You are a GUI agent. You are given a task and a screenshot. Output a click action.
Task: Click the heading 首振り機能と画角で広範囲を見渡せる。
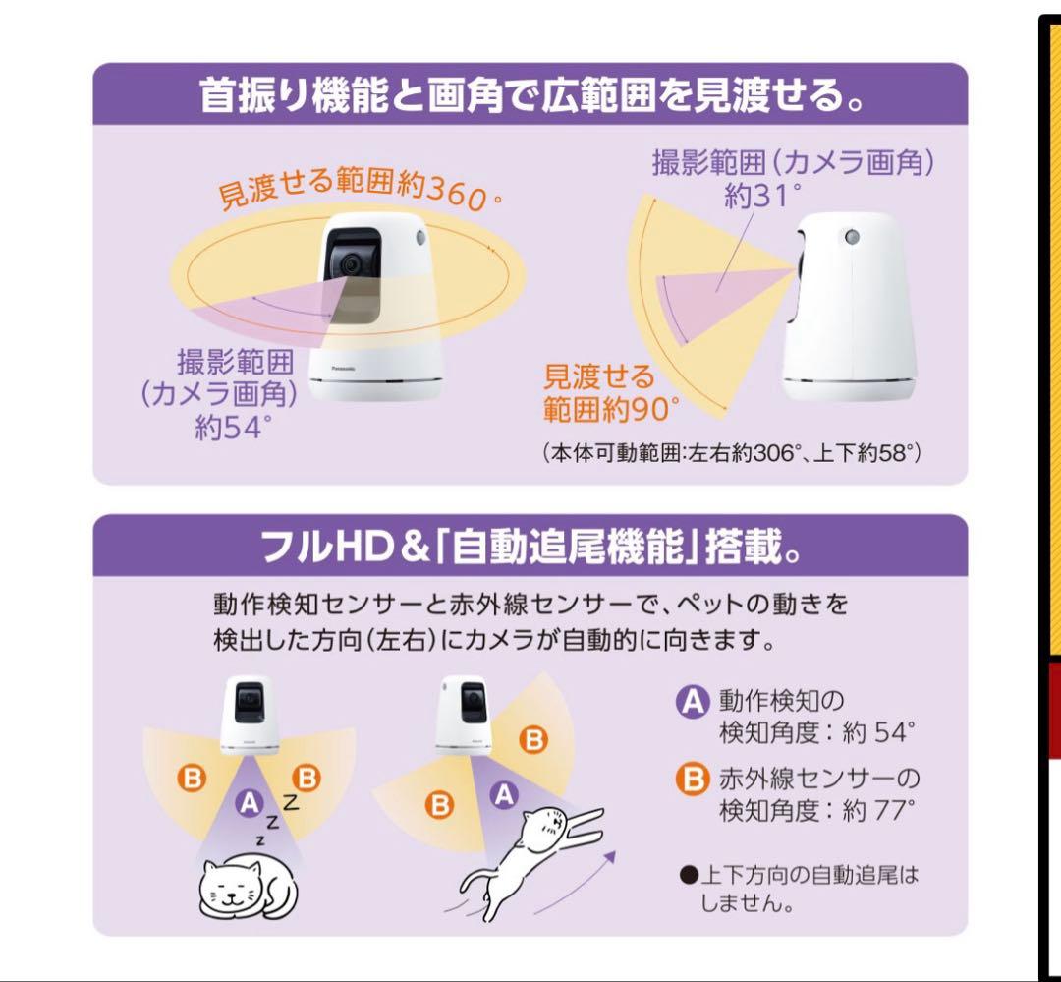531,94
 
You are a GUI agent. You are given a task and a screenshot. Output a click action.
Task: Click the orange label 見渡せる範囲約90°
610,393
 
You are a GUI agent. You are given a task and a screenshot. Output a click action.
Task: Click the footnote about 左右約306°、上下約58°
731,452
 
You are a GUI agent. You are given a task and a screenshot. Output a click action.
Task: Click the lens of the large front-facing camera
350,263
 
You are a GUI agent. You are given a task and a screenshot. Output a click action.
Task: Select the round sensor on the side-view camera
851,236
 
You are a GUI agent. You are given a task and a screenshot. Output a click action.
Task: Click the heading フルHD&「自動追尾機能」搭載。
531,547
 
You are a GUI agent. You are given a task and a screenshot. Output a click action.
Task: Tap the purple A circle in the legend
693,701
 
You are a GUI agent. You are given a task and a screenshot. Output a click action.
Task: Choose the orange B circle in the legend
693,779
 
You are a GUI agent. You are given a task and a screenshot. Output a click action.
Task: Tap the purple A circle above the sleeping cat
249,803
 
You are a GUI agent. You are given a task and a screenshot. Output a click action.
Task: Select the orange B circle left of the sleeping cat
192,778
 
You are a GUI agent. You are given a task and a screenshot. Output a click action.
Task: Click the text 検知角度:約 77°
816,810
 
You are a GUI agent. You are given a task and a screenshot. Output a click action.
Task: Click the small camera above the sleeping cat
250,715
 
